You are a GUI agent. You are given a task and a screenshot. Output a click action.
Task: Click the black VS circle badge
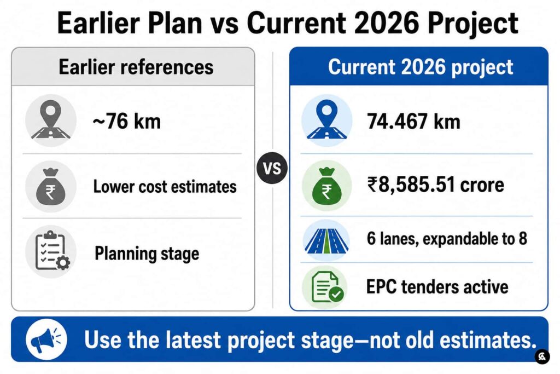click(x=272, y=168)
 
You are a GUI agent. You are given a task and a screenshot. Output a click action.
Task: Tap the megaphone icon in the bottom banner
click(x=46, y=340)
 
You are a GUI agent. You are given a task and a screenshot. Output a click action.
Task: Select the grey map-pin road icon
click(x=51, y=120)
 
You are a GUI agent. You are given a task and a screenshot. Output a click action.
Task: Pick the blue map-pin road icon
click(x=327, y=120)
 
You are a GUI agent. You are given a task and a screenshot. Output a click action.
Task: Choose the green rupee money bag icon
click(x=327, y=185)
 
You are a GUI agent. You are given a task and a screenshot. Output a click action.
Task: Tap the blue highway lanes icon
click(x=327, y=240)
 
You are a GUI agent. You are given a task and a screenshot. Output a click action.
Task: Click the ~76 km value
click(x=127, y=121)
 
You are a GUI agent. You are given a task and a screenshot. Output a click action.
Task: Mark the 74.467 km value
click(x=413, y=121)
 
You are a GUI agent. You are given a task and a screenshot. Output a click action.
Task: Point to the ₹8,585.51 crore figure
click(x=436, y=185)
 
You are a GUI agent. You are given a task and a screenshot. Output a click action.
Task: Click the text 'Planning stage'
click(x=147, y=254)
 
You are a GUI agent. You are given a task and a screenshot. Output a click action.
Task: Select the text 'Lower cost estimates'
click(x=165, y=186)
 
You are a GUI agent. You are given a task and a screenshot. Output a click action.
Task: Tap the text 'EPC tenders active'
click(x=437, y=287)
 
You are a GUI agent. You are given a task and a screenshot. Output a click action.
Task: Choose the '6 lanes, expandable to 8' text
click(x=447, y=239)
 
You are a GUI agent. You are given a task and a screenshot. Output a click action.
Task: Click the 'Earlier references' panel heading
click(x=136, y=67)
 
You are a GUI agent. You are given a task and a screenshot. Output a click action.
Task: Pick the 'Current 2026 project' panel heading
click(x=421, y=67)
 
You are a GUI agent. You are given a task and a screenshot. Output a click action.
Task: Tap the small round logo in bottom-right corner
click(x=542, y=356)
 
